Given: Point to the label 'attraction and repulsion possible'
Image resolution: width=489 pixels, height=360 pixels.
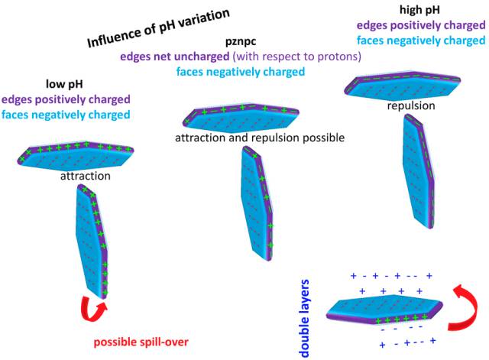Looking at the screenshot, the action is tap(260, 138).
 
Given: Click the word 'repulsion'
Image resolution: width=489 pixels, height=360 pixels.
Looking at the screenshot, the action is tap(411, 105).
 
